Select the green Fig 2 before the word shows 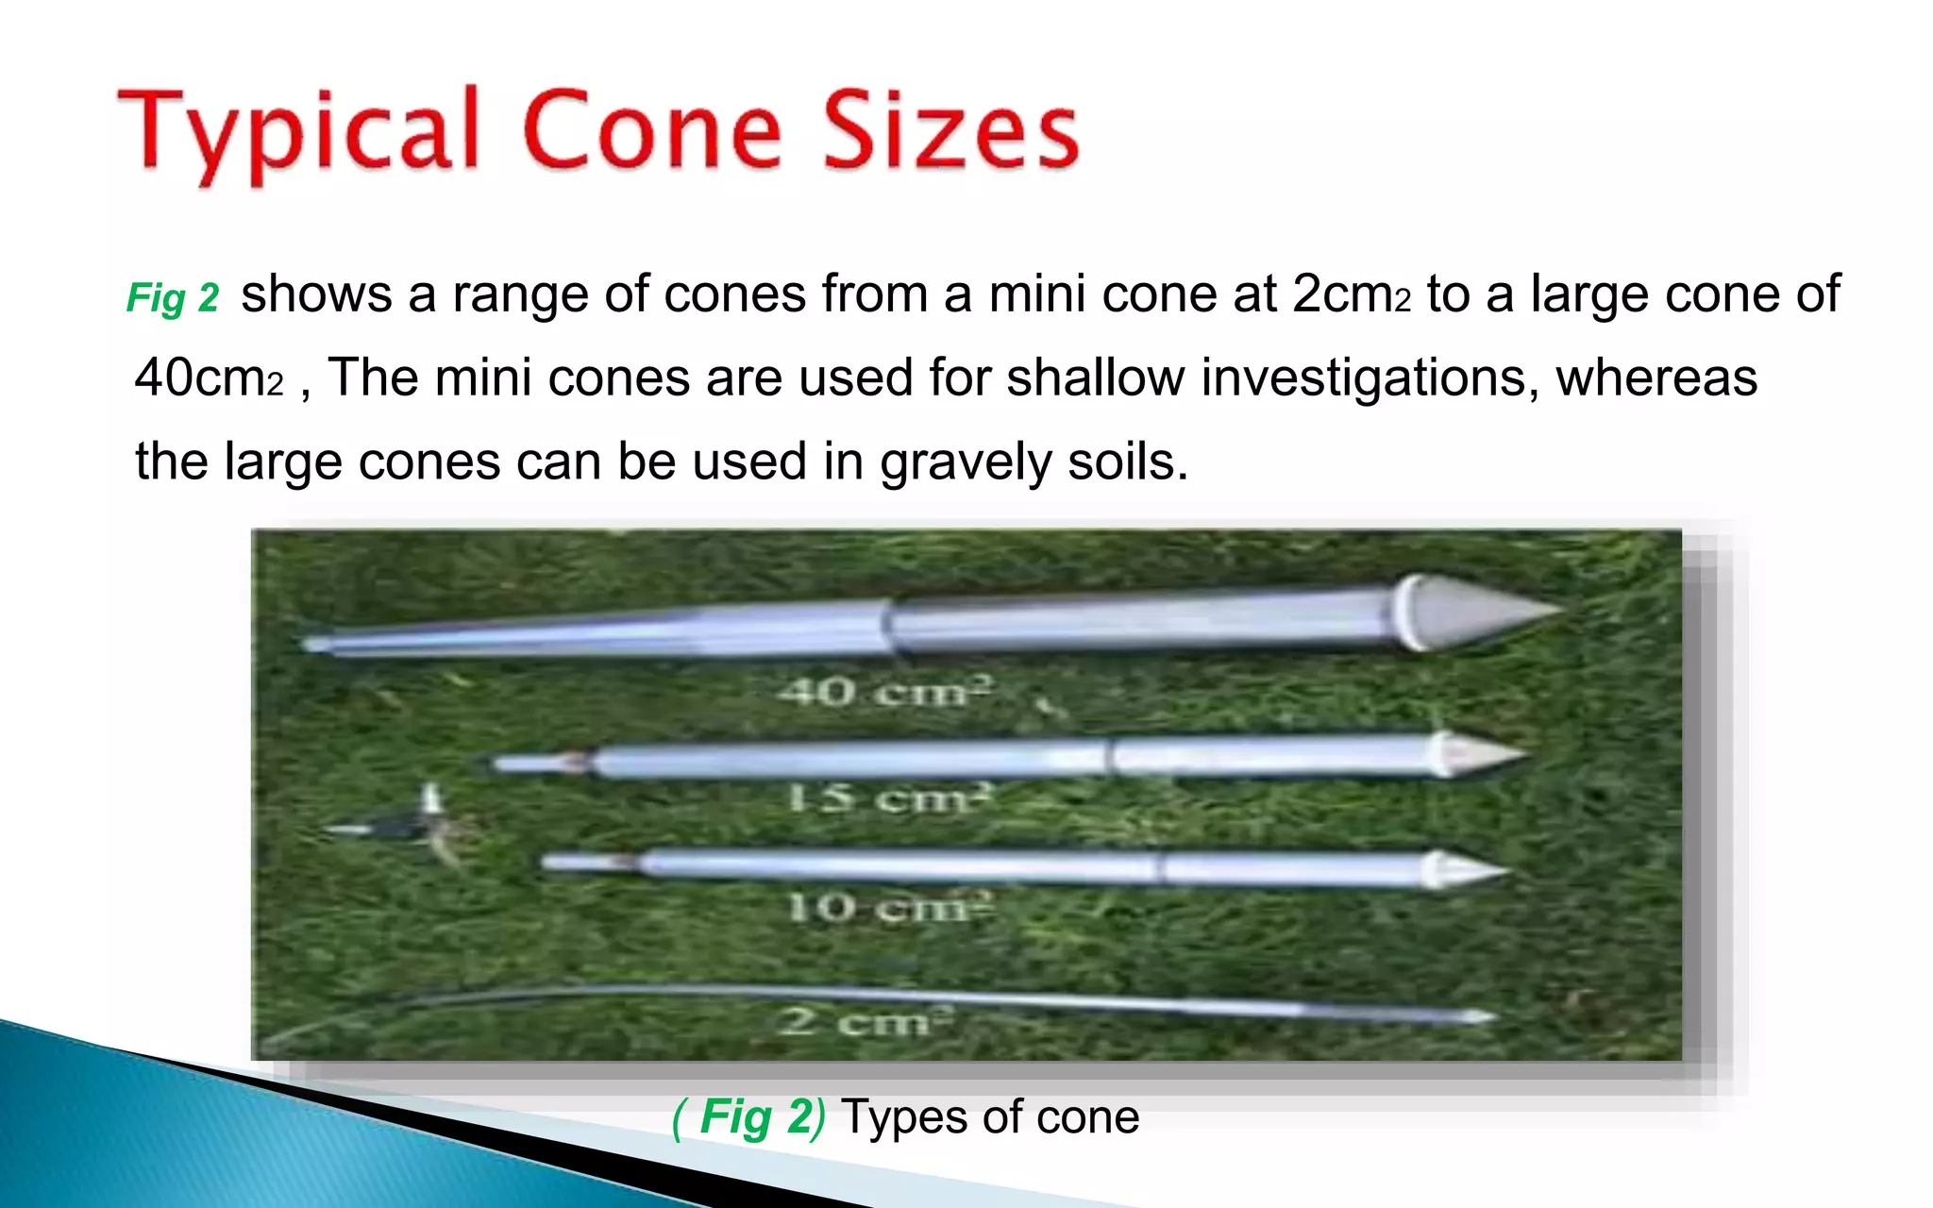(x=173, y=298)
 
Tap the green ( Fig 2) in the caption (x=748, y=1117)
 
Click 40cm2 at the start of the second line (x=209, y=378)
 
